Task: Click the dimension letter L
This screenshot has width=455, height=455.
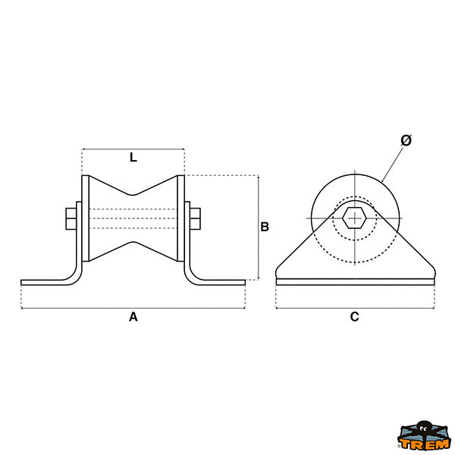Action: pos(133,157)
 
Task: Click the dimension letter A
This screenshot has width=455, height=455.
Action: pos(133,316)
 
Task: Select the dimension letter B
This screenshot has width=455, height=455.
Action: pos(265,227)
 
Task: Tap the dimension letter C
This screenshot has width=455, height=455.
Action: pos(354,316)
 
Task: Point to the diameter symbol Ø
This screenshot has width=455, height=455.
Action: pos(406,140)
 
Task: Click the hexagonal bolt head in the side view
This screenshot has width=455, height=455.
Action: pos(354,218)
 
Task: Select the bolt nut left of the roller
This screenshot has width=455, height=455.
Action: pos(71,219)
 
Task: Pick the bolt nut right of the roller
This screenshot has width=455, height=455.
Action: pos(196,219)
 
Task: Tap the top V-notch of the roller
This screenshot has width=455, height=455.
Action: pos(133,195)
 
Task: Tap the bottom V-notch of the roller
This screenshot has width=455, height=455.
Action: pos(133,243)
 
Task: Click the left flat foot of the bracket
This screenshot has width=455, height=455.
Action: pos(46,282)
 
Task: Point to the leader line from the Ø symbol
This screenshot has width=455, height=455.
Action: pos(393,165)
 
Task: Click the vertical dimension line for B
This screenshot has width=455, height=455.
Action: pos(258,227)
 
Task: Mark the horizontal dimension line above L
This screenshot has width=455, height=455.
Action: pos(133,149)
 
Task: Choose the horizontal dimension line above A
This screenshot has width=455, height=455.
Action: pos(133,308)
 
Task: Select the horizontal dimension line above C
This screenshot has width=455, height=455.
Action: pos(355,308)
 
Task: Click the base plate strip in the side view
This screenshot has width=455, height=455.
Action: pos(355,282)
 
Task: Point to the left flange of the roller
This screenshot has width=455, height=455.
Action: pos(85,218)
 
